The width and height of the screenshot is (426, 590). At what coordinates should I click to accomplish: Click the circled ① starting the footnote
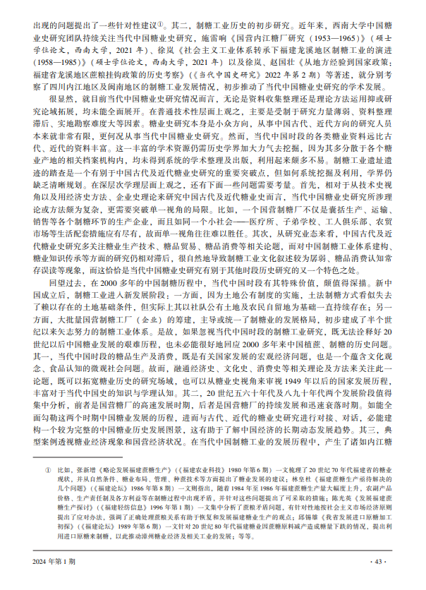[x=47, y=469]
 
